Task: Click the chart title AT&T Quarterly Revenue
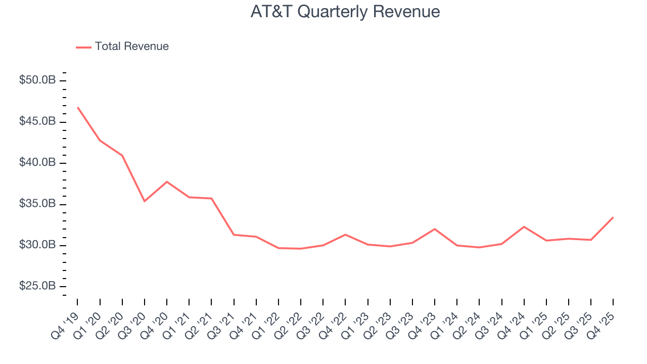(x=345, y=12)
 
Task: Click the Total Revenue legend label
(x=131, y=47)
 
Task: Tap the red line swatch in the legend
(x=83, y=47)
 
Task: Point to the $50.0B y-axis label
(x=37, y=80)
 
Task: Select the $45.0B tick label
(x=37, y=122)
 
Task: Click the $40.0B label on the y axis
(x=37, y=163)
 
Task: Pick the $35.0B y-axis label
(x=37, y=204)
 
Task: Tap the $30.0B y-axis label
(x=37, y=245)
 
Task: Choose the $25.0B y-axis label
(x=37, y=286)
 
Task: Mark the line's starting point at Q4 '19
(x=78, y=107)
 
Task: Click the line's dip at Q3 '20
(x=145, y=201)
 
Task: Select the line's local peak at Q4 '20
(x=167, y=181)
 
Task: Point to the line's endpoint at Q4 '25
(x=613, y=217)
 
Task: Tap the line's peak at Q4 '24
(x=524, y=226)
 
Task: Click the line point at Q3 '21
(x=234, y=235)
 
